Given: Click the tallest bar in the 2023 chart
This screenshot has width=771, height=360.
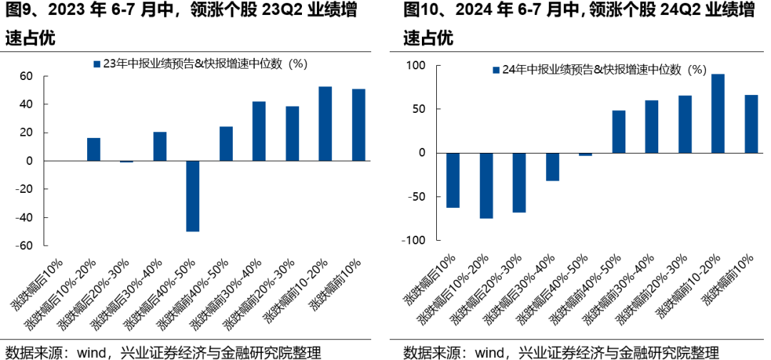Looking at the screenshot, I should (325, 124).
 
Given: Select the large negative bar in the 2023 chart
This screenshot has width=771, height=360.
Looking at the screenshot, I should (193, 196).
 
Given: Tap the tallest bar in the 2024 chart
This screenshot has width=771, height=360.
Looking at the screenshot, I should (718, 114).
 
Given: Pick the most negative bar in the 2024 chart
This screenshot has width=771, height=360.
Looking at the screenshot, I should (486, 186).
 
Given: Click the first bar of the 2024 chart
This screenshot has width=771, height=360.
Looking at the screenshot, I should (453, 180).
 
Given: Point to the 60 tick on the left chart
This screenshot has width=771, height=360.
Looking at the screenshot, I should (26, 76).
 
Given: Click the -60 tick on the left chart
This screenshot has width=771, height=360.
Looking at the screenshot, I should (24, 246).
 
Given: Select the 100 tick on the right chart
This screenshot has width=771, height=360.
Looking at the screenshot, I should (415, 66).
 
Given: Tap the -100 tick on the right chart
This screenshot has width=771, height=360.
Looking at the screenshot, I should (413, 240).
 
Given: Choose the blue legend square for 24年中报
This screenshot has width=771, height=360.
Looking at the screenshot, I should (495, 70).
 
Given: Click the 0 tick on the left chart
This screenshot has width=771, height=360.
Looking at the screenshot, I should (30, 161).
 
